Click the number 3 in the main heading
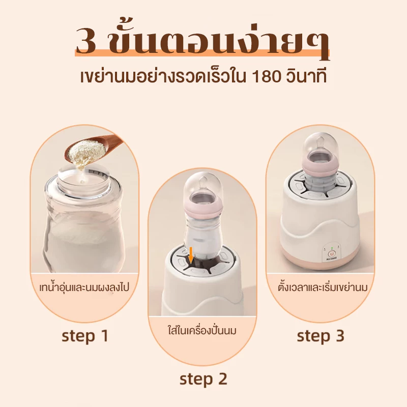point(86,41)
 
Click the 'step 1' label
point(85,336)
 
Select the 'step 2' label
point(203,380)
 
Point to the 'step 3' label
point(321,336)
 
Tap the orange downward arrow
point(191,256)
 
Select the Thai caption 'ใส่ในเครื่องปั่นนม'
point(202,331)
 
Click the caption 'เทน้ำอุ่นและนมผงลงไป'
point(84,287)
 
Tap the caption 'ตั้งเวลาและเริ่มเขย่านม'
point(323,287)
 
